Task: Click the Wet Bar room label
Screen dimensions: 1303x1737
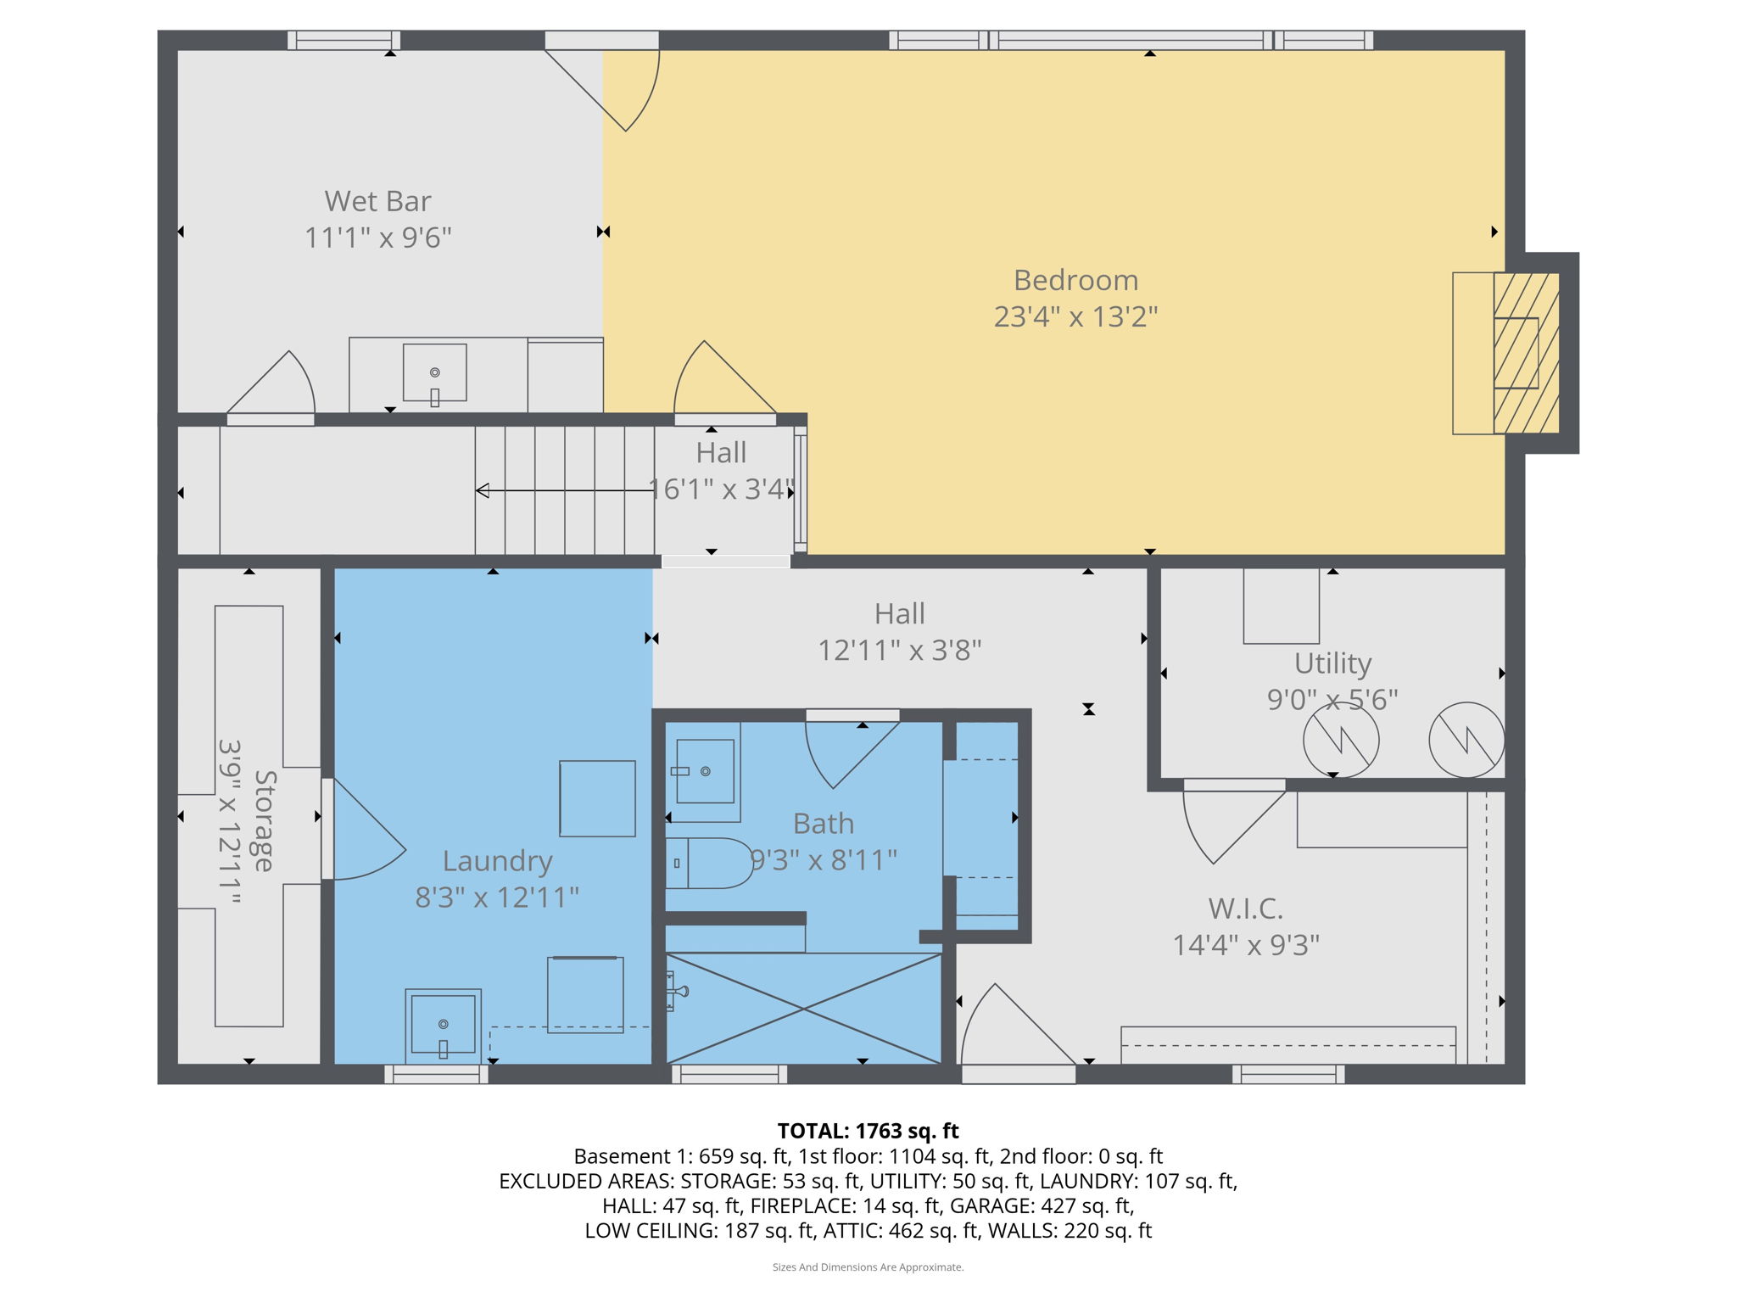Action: tap(377, 202)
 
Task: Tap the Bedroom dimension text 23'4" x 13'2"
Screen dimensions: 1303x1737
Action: tap(1075, 317)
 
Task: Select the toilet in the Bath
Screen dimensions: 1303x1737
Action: tap(708, 863)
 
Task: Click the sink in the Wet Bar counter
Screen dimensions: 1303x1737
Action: tap(434, 372)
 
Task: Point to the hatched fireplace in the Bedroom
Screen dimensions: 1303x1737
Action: tap(1526, 353)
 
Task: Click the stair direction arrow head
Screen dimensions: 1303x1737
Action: tap(483, 490)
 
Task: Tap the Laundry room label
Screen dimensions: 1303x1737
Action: tap(497, 861)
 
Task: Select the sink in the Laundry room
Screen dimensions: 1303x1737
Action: tap(443, 1025)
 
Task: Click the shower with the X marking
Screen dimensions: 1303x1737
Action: tap(803, 1008)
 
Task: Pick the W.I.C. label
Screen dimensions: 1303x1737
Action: tap(1245, 909)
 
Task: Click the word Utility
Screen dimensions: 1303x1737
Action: tap(1332, 663)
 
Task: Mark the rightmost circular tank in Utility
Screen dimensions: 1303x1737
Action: tap(1466, 740)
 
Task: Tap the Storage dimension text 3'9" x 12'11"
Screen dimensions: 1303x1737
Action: tap(230, 820)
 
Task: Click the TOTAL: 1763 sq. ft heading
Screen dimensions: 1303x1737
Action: tap(868, 1131)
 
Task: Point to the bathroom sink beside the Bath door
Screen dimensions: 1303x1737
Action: tap(704, 771)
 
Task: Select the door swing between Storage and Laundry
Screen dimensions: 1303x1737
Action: tap(365, 831)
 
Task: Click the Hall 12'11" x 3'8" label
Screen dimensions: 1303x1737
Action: tap(899, 632)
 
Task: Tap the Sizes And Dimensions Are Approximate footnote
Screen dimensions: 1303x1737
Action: tap(868, 1267)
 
